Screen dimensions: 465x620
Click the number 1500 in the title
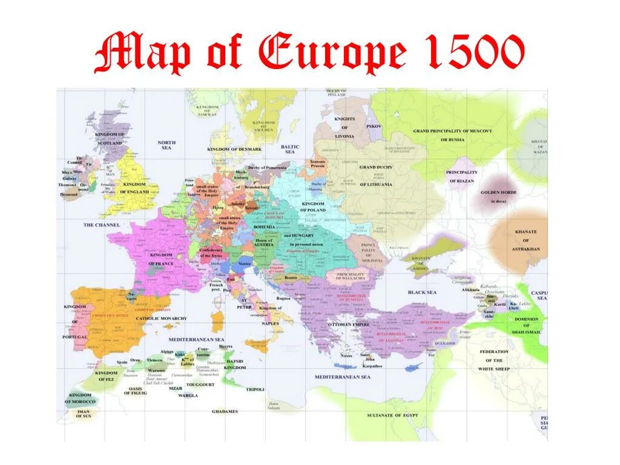coord(474,53)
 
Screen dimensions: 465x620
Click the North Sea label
coord(167,145)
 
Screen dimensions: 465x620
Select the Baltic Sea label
coord(290,149)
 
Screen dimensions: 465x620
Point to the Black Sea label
coord(422,292)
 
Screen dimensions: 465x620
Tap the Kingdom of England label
coord(134,188)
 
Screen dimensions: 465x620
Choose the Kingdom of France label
coord(162,259)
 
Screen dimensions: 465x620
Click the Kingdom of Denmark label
coord(234,149)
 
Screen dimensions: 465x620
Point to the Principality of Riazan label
coord(461,176)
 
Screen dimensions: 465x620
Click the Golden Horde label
coord(498,196)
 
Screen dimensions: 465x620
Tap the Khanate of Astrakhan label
coord(526,240)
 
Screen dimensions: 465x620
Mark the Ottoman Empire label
coord(349,325)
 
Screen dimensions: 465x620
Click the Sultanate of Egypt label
coord(392,415)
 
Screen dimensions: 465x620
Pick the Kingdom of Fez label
coord(106,376)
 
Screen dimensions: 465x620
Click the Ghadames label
coord(225,412)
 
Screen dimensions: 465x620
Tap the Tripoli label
coord(255,389)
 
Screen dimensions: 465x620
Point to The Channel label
coord(102,225)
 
